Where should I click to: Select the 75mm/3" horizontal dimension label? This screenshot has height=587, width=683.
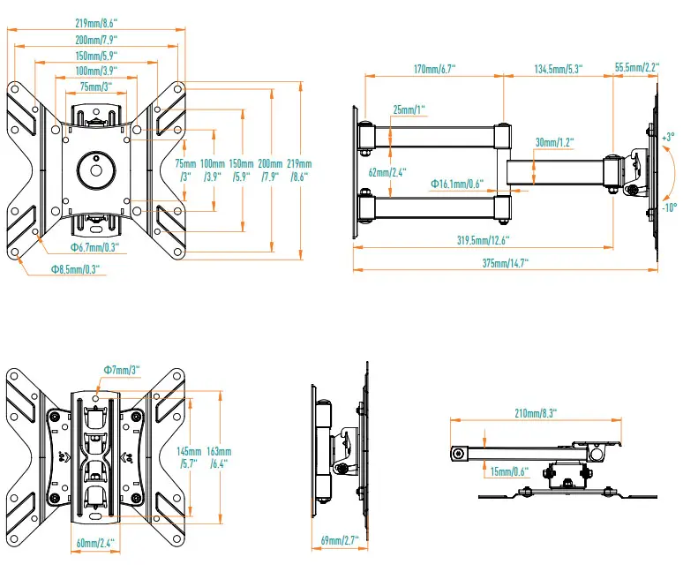(x=96, y=87)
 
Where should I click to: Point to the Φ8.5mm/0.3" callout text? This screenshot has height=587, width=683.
(x=76, y=269)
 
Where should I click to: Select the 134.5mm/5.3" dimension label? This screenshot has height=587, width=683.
(x=557, y=69)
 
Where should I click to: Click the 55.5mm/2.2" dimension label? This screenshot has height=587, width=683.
(x=638, y=69)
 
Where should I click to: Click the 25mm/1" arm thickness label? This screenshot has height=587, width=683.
(x=409, y=109)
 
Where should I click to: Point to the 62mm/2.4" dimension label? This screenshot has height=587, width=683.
(x=387, y=173)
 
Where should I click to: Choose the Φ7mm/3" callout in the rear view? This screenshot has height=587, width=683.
(x=122, y=370)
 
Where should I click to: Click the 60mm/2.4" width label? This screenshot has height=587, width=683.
(x=95, y=542)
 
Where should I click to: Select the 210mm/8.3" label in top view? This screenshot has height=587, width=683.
(x=534, y=412)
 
